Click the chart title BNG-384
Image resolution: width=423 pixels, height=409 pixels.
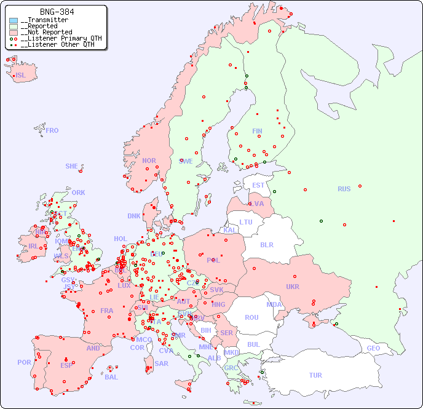pos(57,12)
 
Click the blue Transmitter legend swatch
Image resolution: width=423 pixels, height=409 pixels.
pos(14,20)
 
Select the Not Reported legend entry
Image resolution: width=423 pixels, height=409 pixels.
pos(46,32)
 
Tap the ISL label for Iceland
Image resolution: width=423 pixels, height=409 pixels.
pos(21,76)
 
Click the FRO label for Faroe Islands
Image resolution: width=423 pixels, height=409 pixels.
pos(52,130)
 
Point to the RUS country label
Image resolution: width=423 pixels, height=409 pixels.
pos(344,189)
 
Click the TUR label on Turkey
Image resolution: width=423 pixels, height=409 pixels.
pos(315,375)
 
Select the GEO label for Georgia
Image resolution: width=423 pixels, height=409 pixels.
pos(373,348)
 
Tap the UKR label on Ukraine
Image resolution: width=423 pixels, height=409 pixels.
pos(293,287)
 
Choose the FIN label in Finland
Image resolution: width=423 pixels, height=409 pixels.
pos(257,131)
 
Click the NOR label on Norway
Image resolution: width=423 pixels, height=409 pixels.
pos(149,161)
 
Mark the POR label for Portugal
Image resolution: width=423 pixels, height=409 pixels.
pos(24,362)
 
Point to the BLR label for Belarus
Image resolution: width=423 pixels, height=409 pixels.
pos(266,244)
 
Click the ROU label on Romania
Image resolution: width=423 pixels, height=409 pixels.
pos(251,317)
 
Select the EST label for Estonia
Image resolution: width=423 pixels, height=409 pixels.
pos(258,185)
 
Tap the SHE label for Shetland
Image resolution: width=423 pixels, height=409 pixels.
pos(72,166)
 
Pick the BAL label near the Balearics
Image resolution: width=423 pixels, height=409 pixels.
pos(111,377)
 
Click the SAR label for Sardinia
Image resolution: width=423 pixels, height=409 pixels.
pos(161,363)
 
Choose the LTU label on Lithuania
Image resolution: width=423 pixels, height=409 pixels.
pos(246,222)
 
